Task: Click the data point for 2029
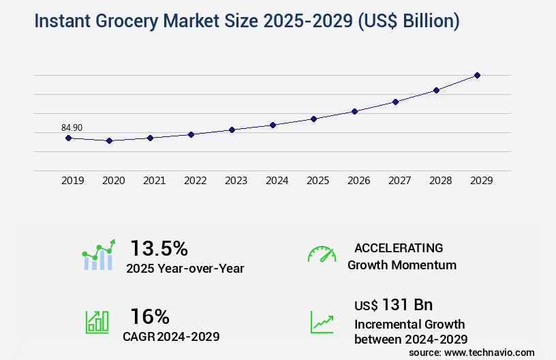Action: pos(477,75)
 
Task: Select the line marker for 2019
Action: pos(68,138)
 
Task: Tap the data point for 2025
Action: pos(313,119)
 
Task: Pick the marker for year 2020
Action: pos(109,140)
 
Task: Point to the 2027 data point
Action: pos(395,102)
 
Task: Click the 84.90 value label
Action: pos(72,127)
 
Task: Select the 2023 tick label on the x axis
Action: pos(236,181)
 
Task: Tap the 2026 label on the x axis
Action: pos(358,181)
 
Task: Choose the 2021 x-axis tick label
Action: pos(154,181)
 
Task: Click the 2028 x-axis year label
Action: pos(440,181)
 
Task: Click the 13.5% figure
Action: pos(159,247)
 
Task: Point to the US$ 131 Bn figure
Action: pos(393,304)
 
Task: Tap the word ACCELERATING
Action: pos(399,247)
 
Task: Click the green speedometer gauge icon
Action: pos(322,254)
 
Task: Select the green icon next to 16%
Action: pos(96,322)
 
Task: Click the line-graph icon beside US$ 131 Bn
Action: pos(322,322)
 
